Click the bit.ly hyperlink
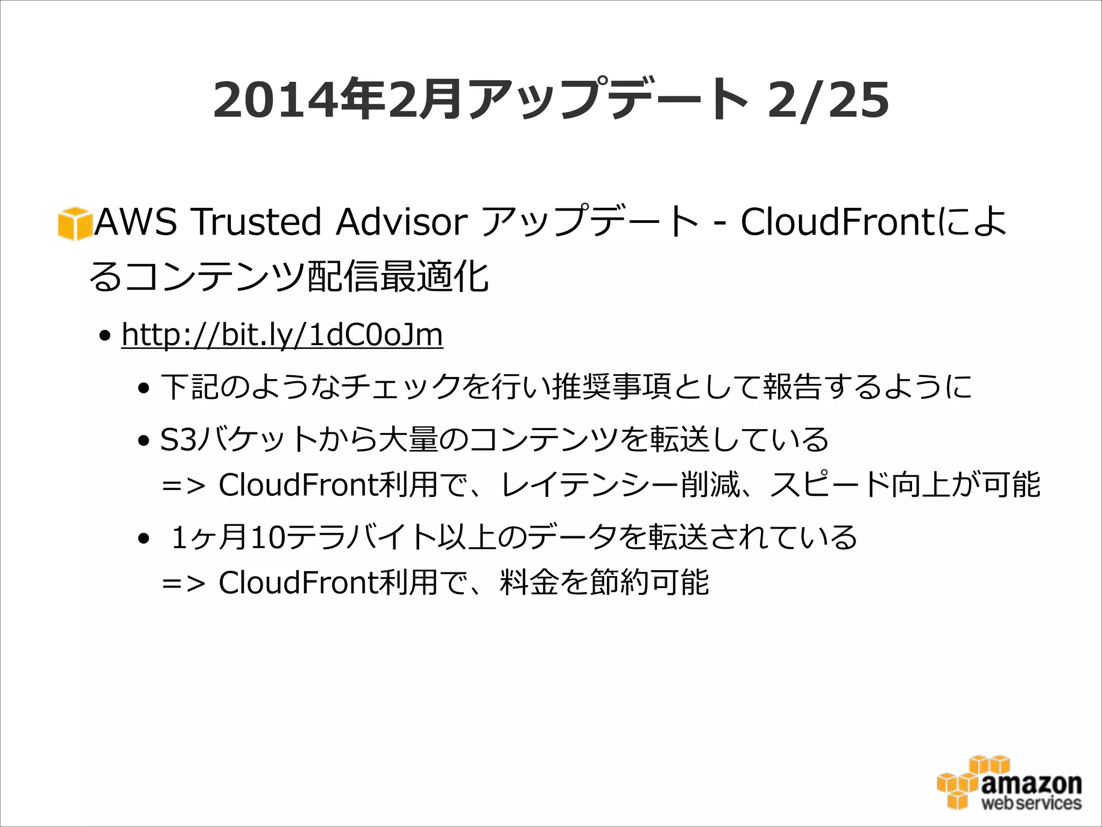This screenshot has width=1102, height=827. pos(282,335)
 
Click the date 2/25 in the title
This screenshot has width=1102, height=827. pos(828,101)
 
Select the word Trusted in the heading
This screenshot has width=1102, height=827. pos(257,222)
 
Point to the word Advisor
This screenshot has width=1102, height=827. pos(402,222)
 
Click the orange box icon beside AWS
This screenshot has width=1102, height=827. pos(74,223)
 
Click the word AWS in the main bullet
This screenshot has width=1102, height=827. pos(136,222)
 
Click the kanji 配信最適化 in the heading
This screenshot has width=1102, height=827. pos(398,277)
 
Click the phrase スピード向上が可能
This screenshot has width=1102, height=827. pos(905,485)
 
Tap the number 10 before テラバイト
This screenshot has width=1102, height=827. pos(269,537)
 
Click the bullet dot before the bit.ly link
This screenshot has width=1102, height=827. pos(105,337)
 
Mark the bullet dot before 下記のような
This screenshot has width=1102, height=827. pos(143,388)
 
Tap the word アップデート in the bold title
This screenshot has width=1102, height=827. pos(607,101)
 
